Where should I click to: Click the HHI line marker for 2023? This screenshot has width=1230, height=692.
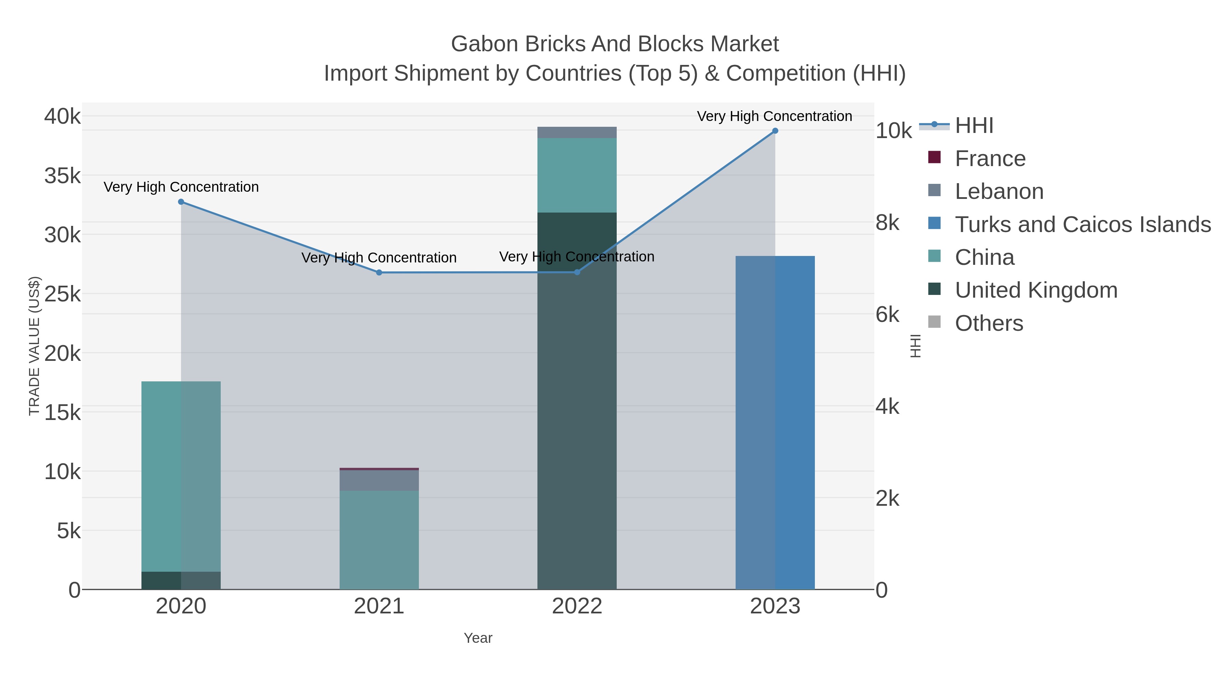(x=775, y=131)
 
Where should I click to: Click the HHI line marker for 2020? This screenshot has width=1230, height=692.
(x=181, y=202)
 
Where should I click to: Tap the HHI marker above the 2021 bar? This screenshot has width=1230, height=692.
(x=379, y=273)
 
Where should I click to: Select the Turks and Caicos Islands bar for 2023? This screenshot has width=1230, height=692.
(x=775, y=423)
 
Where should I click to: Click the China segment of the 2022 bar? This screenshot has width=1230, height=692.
(x=577, y=175)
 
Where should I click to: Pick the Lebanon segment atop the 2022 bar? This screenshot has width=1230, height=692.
(x=577, y=133)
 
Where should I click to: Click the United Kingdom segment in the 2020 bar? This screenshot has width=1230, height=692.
(x=181, y=580)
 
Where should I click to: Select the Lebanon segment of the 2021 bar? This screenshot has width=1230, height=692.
(x=379, y=480)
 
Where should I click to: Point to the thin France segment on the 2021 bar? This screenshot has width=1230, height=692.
(x=379, y=469)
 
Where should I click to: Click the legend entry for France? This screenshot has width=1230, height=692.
(x=990, y=159)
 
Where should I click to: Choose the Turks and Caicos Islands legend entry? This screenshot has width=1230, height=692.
(x=1082, y=225)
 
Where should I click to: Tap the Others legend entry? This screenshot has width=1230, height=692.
(x=989, y=323)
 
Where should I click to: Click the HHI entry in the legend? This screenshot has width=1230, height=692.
(x=974, y=126)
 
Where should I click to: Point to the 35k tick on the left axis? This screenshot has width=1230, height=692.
(x=63, y=176)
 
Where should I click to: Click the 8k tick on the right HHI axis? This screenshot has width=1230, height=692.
(x=888, y=223)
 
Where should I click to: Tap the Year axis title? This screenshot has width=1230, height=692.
(x=478, y=638)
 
